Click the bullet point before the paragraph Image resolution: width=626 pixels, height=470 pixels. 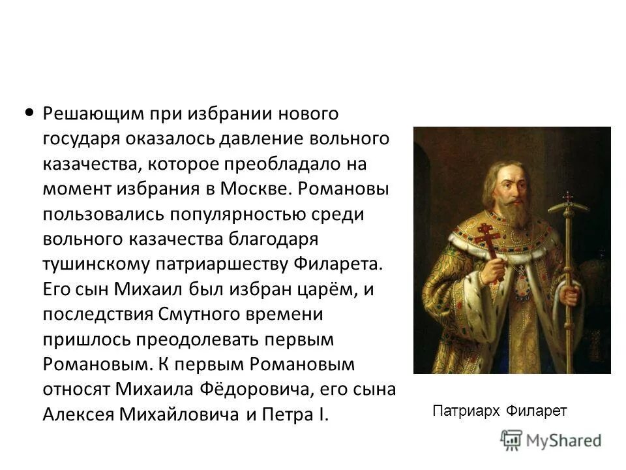tap(29, 112)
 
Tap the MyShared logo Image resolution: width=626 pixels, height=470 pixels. tap(551, 440)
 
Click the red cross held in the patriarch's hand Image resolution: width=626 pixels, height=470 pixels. tap(487, 238)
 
